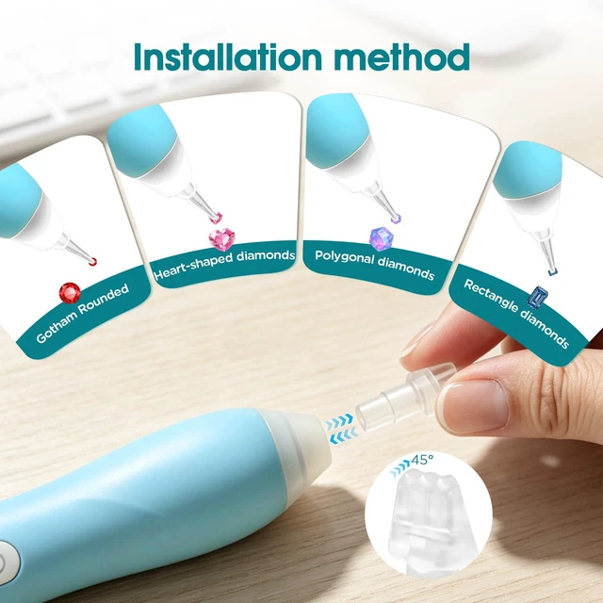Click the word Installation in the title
228,57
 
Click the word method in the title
402,57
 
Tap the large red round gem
70,293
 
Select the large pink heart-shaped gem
222,239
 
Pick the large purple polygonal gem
381,238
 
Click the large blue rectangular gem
537,298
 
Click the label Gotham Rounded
83,314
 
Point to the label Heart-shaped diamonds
224,265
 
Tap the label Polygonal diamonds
375,265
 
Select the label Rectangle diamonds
516,314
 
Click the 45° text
422,460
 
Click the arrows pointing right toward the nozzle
339,421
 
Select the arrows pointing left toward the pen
343,436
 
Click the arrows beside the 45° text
399,468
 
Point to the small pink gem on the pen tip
216,218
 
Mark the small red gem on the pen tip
92,262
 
